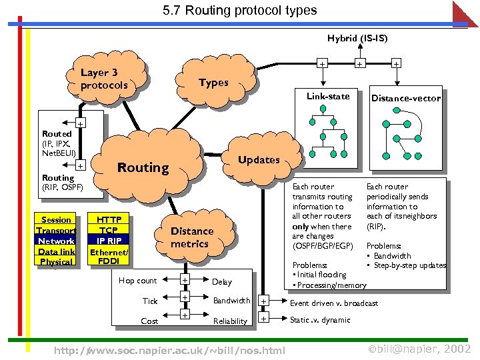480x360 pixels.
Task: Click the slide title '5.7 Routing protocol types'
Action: click(239, 11)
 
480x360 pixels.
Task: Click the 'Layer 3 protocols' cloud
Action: click(103, 79)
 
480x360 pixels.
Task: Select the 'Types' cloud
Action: click(213, 83)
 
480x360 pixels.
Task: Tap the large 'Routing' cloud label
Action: click(143, 167)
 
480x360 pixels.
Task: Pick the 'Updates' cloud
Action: click(259, 159)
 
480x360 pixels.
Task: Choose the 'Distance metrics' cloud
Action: click(192, 237)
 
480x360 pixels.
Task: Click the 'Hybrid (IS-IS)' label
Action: click(357, 38)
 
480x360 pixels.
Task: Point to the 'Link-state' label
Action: click(327, 96)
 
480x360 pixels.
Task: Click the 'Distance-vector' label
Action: click(405, 98)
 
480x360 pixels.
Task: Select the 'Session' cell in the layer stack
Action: click(56, 219)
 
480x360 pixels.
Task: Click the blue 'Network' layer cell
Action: click(56, 241)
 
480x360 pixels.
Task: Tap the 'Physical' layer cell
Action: click(56, 262)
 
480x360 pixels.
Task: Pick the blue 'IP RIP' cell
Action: click(109, 241)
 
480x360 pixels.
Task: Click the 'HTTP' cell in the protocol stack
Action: click(109, 219)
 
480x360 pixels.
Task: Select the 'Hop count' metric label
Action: click(137, 281)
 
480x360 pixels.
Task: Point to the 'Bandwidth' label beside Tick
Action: click(231, 301)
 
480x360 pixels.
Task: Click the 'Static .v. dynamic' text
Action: click(320, 320)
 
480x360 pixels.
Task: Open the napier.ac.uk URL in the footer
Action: click(169, 350)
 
